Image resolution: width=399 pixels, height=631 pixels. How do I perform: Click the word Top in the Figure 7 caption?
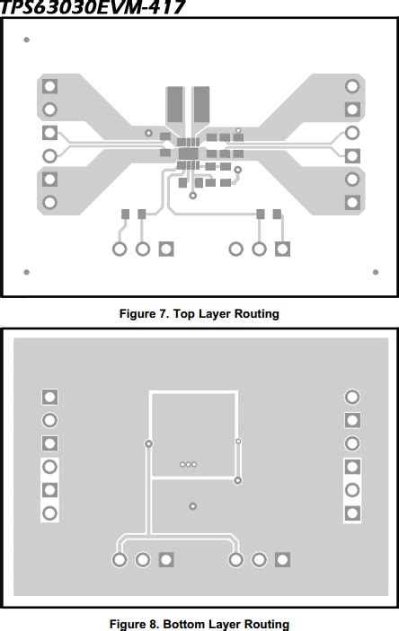point(185,314)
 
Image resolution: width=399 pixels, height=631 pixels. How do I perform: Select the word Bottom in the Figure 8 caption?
point(184,624)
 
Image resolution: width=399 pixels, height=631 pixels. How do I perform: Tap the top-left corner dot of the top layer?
point(26,40)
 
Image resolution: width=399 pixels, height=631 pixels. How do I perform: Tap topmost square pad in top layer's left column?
point(49,86)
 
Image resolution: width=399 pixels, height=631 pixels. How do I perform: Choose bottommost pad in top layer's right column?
point(353,202)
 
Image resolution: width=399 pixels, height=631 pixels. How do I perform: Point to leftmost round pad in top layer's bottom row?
point(120,249)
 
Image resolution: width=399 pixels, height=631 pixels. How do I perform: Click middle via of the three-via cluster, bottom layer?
point(189,464)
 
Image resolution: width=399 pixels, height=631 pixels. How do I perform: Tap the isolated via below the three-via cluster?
point(192,507)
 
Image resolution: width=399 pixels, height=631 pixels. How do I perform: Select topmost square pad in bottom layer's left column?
point(49,397)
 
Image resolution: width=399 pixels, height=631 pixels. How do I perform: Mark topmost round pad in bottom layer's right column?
point(353,397)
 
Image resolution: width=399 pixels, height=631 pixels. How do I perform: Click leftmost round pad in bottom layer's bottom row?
point(120,560)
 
